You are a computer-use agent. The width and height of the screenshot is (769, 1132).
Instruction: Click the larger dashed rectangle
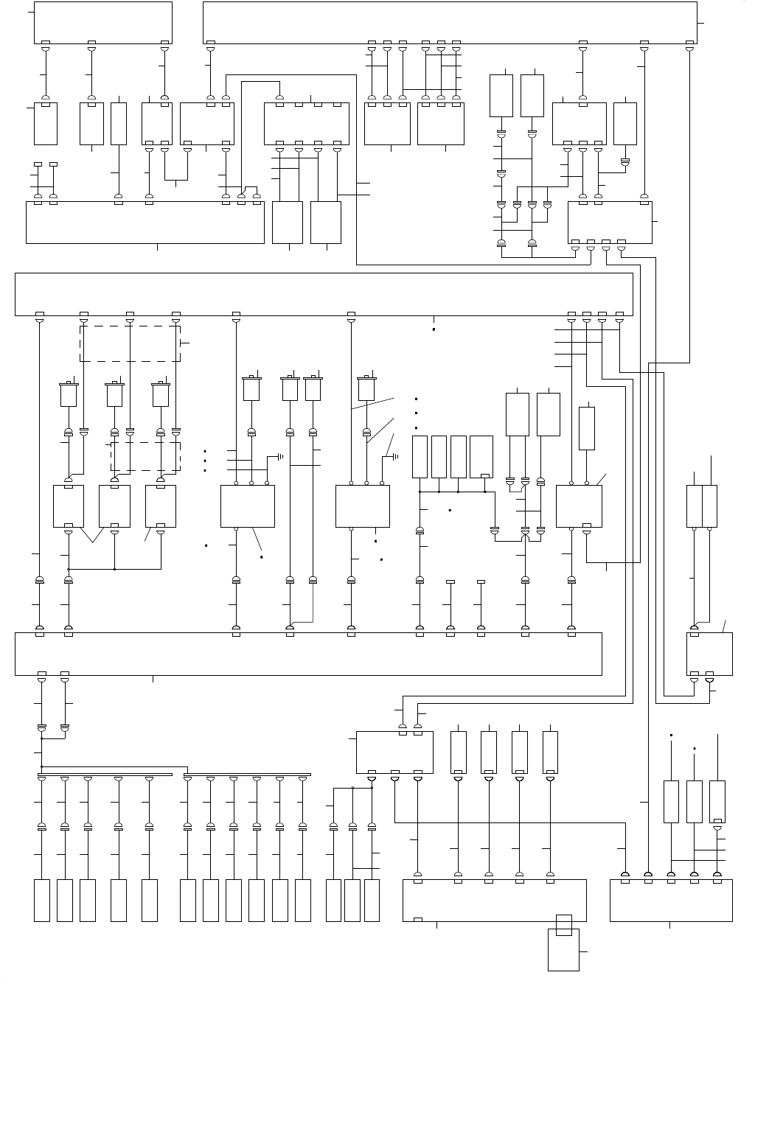130,343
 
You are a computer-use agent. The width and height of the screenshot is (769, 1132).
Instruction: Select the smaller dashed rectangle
145,457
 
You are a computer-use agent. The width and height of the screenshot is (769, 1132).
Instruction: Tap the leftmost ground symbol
280,457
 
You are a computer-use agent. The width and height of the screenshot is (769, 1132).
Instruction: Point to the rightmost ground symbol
395,457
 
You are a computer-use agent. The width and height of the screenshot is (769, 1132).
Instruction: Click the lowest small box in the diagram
563,949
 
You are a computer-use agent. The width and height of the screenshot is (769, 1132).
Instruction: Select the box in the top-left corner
103,22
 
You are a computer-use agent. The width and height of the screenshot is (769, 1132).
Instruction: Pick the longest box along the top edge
450,22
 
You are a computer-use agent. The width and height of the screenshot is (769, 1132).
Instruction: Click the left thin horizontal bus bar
105,775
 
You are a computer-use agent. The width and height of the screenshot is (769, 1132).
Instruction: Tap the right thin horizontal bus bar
247,775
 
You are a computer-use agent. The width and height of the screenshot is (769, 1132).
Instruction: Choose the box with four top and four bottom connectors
307,123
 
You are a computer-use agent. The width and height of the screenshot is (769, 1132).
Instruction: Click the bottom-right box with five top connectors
671,900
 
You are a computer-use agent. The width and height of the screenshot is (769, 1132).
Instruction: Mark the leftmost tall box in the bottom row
42,900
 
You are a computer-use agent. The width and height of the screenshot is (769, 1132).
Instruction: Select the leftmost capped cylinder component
69,394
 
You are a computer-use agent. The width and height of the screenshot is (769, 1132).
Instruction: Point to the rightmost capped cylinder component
366,388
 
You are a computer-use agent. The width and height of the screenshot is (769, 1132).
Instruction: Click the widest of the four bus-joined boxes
481,457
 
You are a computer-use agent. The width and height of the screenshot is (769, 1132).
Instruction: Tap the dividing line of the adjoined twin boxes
702,506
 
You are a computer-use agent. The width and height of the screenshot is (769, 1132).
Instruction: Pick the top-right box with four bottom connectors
610,222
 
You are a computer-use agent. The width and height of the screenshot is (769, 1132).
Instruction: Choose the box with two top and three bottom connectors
394,752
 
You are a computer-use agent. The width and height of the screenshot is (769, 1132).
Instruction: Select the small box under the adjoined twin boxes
709,653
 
